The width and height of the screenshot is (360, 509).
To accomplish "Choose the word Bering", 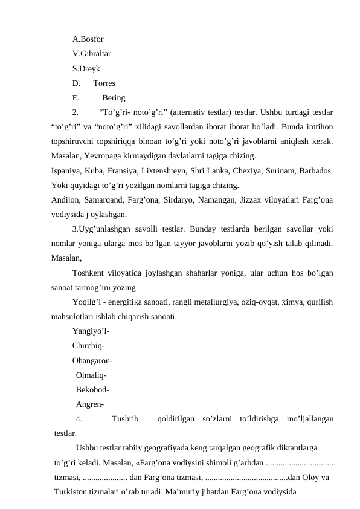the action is pos(114,98).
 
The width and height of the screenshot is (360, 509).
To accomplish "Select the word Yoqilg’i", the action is pos(86,301).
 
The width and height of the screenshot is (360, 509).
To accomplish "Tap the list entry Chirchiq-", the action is pos(89,346).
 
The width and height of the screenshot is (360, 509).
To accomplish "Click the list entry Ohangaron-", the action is pos(94,360).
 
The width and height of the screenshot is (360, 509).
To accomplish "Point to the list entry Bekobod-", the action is pos(93,389).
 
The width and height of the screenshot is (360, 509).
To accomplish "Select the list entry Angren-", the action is pos(91,404).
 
